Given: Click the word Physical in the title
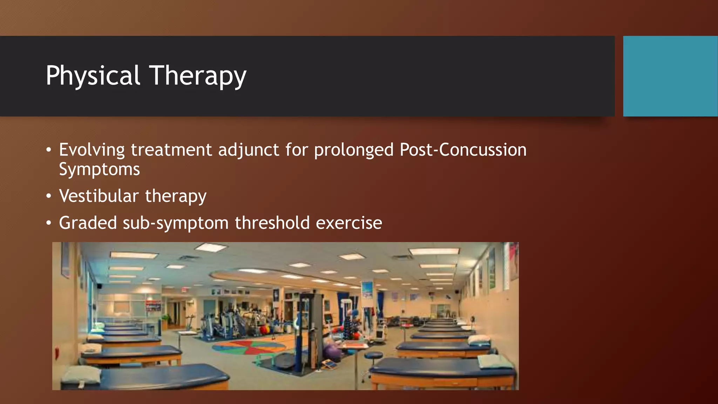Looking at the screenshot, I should point(93,76).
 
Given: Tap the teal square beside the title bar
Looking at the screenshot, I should point(670,76).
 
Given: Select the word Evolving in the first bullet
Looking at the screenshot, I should point(92,150).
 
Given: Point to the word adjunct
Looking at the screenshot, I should point(249,150).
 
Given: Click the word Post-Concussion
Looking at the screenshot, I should point(463,150).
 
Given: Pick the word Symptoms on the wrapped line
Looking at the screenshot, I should point(99,169).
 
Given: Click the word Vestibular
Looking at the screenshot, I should point(99,196).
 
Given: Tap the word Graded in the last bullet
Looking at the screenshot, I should point(88,223).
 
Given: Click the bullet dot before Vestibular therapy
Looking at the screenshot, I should point(49,196).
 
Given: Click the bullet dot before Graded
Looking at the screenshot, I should point(49,223).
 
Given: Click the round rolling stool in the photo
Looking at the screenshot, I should point(373,356).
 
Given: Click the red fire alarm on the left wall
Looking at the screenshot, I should point(57,352).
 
